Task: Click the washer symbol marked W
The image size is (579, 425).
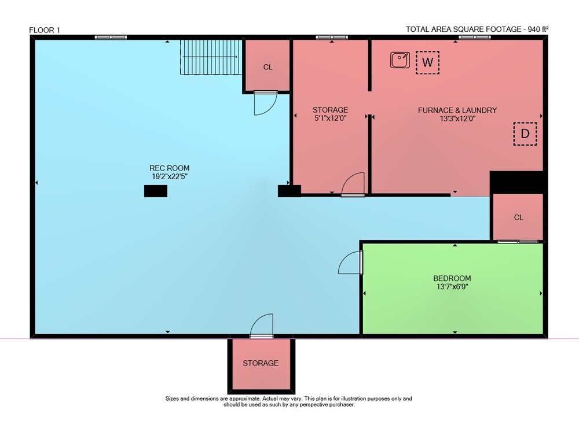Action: coord(427,62)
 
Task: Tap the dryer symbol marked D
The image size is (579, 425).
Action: coord(525,134)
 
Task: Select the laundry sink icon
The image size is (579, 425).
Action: coord(400,60)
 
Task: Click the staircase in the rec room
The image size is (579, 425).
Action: coord(211,57)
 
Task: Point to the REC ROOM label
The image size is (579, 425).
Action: coord(170,168)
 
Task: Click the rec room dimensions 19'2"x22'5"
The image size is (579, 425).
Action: coord(170,176)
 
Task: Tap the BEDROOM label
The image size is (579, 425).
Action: coord(452,278)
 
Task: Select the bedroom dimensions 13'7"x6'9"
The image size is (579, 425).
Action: coord(452,287)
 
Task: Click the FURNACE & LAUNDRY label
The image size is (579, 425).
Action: coord(457,110)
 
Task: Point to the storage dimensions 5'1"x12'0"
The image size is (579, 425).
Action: coord(330,118)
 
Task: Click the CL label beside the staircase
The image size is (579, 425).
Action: coord(267,67)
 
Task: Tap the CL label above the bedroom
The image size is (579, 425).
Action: coord(518,217)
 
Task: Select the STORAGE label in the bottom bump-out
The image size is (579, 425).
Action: coord(261,363)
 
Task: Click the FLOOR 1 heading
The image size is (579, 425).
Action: coord(45,30)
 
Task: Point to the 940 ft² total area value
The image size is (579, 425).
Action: coord(538,29)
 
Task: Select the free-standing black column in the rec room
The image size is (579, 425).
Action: coord(155,191)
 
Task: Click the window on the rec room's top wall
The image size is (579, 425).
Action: coord(111,37)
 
